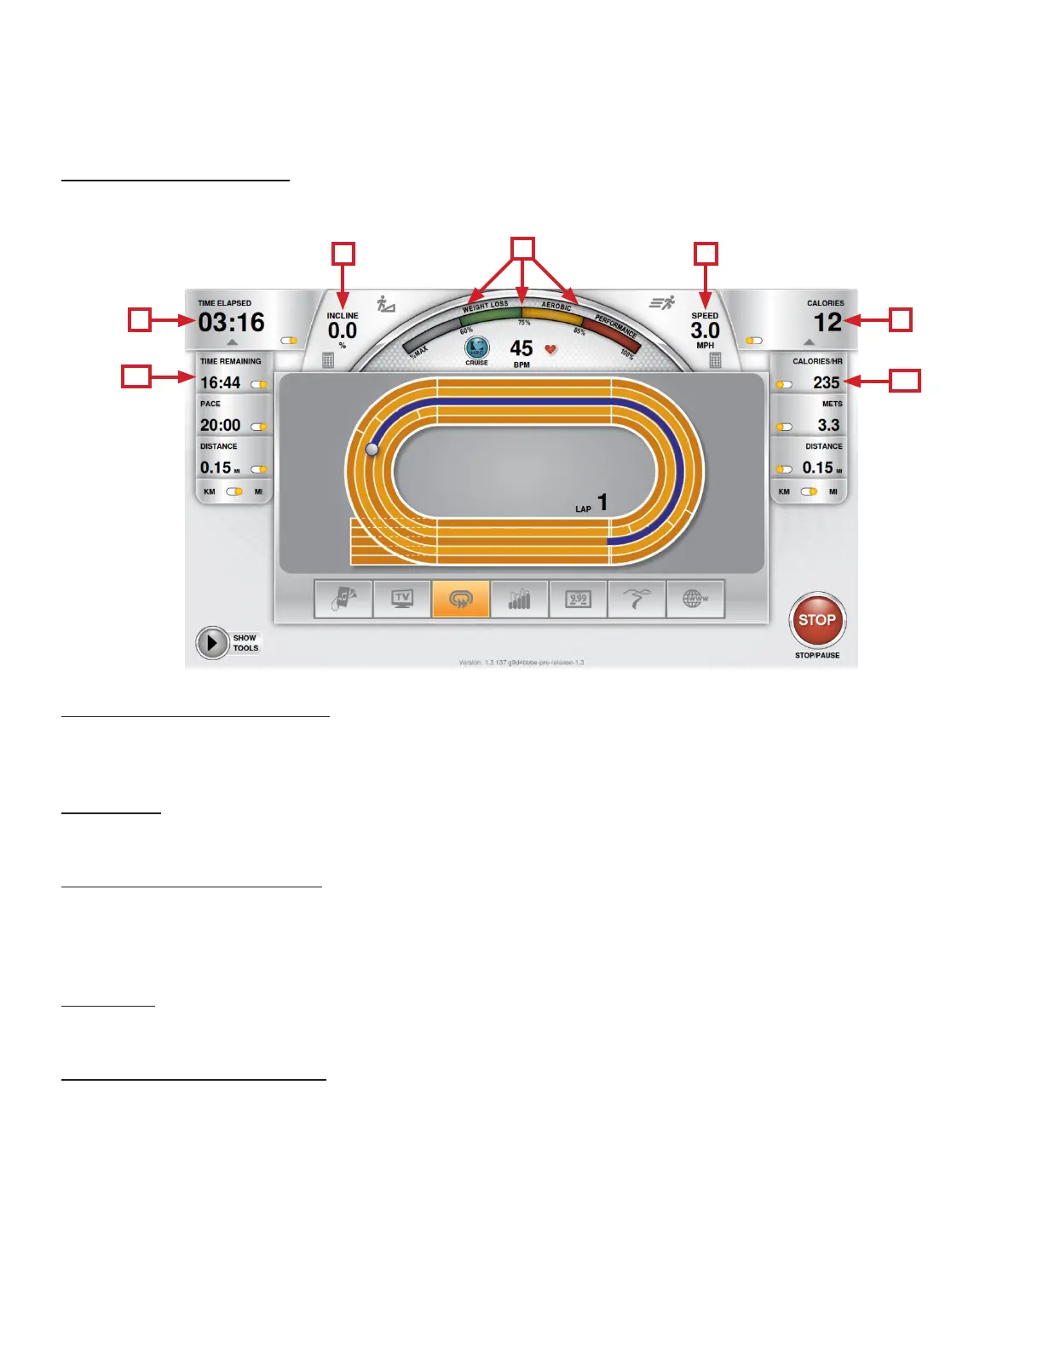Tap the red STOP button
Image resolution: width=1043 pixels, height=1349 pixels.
[x=817, y=620]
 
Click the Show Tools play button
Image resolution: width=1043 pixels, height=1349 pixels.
[x=211, y=643]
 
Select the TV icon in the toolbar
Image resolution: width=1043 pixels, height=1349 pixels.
[x=402, y=599]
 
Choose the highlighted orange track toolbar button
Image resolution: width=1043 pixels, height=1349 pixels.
[x=460, y=599]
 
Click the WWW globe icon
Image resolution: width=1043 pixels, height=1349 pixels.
[x=695, y=599]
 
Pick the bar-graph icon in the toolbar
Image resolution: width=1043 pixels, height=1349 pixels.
[x=519, y=599]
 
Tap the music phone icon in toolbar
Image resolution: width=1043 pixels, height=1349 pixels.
[x=343, y=599]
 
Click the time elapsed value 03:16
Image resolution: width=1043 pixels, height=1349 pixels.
[x=232, y=323]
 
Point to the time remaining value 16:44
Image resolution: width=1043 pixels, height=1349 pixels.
[x=221, y=383]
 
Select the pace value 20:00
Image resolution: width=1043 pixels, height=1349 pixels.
[x=221, y=425]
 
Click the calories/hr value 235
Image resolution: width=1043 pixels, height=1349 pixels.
[x=826, y=383]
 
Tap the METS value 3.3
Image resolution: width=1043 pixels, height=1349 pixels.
[x=828, y=425]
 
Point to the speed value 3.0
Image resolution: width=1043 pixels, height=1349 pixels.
[x=705, y=330]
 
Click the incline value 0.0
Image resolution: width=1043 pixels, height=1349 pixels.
[x=343, y=330]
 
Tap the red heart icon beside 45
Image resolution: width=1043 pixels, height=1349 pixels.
[x=550, y=349]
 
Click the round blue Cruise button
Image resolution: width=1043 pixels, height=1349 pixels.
[x=476, y=347]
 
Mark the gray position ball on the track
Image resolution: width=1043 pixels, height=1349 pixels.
[x=372, y=449]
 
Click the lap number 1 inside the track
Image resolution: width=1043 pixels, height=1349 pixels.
[x=602, y=502]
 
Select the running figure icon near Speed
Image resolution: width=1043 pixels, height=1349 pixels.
[x=662, y=302]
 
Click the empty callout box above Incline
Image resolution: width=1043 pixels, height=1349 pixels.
[x=343, y=254]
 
